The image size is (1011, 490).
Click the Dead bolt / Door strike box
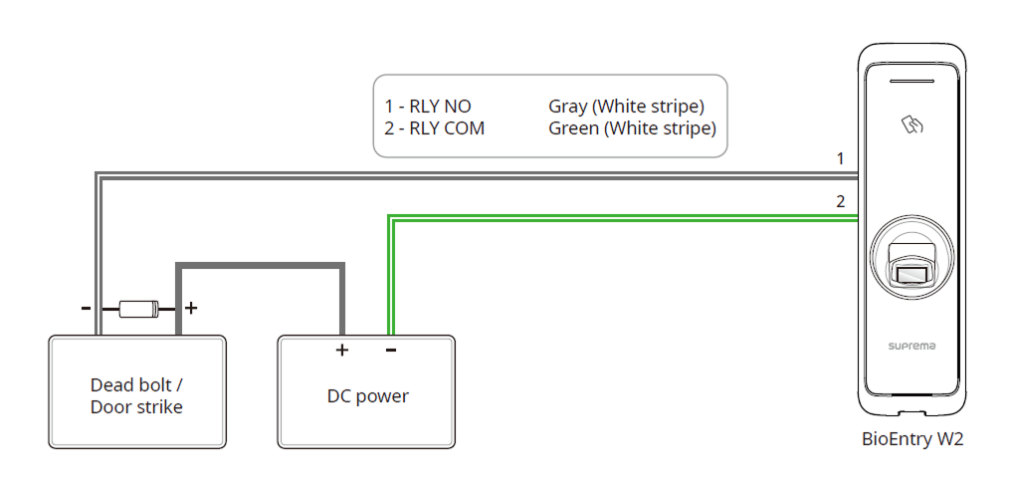click(137, 392)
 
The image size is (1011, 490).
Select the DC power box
click(367, 392)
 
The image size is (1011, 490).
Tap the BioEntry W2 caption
click(911, 439)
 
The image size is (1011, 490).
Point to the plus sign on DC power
click(341, 350)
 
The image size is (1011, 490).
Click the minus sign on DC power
click(391, 350)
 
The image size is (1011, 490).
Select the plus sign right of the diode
click(191, 309)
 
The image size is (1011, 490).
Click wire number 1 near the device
click(840, 158)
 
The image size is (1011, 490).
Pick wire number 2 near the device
click(840, 201)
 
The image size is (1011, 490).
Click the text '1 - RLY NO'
click(428, 107)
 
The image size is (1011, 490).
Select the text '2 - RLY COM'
click(435, 128)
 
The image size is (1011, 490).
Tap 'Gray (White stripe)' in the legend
click(626, 107)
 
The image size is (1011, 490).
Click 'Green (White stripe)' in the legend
click(632, 128)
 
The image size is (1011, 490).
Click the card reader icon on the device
click(912, 124)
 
